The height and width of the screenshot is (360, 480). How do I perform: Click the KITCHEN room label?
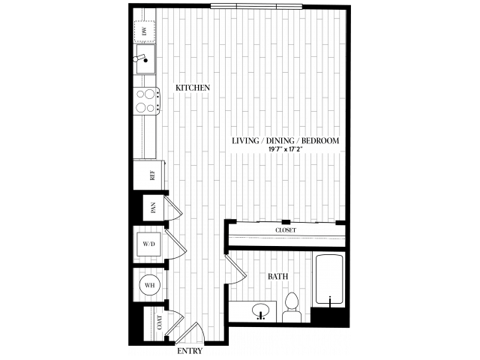(193, 88)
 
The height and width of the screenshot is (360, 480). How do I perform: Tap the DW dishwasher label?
(145, 31)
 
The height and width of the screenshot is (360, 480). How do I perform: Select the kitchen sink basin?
(145, 59)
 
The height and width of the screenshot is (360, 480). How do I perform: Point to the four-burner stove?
(146, 100)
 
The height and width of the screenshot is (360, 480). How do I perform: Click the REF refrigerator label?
(152, 175)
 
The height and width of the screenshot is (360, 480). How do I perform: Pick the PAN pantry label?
(153, 208)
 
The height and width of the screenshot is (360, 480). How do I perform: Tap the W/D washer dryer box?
(148, 244)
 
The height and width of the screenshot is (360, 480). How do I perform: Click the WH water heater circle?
(149, 285)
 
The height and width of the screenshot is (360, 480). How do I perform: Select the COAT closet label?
(160, 322)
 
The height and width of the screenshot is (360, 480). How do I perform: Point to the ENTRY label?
(190, 351)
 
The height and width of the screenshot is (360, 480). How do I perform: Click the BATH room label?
(278, 277)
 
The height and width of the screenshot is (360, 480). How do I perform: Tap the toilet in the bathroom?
(292, 307)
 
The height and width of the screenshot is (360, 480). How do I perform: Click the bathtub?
(329, 279)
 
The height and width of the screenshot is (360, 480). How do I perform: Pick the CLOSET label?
(286, 230)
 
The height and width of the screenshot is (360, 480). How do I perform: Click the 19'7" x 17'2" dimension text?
(285, 149)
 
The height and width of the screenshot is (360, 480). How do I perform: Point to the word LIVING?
(245, 141)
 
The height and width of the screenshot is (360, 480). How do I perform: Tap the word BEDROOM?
(320, 141)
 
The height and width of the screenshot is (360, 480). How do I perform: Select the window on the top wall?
(256, 6)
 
